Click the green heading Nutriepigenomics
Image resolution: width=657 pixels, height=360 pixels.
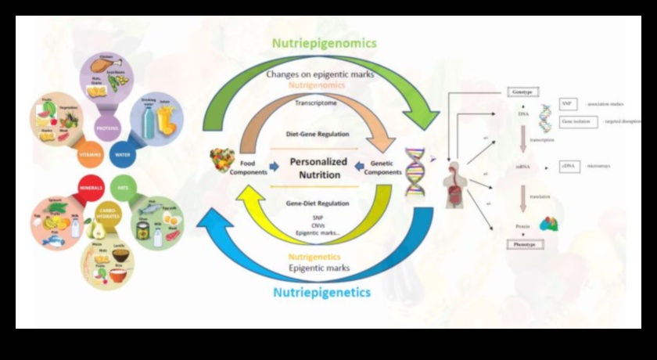click(324, 43)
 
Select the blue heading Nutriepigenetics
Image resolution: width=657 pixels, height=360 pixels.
click(321, 293)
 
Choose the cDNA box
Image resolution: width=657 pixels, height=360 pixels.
click(569, 167)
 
